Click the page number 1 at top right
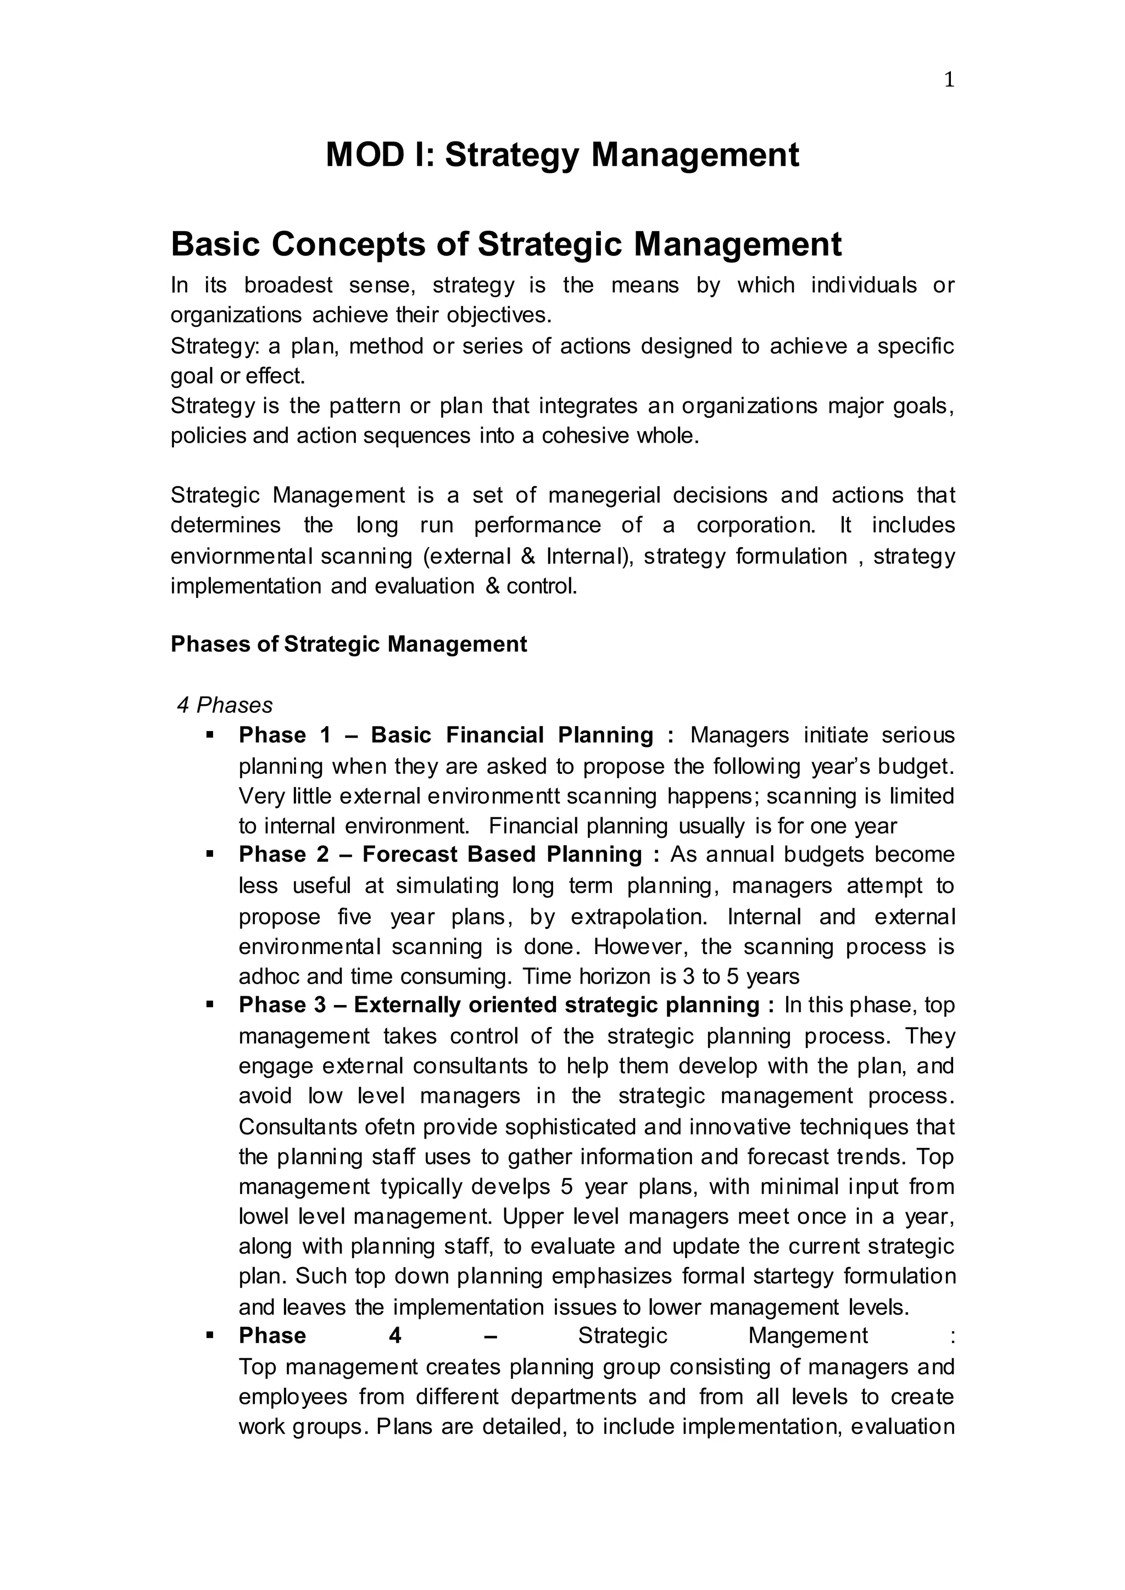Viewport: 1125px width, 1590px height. pyautogui.click(x=949, y=80)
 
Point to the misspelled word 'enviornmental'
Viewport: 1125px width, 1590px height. pyautogui.click(x=235, y=556)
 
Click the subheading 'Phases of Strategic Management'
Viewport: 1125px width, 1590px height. pyautogui.click(x=348, y=644)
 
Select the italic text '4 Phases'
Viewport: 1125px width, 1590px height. pyautogui.click(x=225, y=705)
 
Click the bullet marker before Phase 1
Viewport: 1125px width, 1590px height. pyautogui.click(x=209, y=734)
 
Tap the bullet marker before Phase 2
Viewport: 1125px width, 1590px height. pyautogui.click(x=209, y=854)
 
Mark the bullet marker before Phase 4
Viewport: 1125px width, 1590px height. pyautogui.click(x=209, y=1335)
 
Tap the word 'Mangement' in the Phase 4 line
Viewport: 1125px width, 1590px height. pyautogui.click(x=807, y=1335)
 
